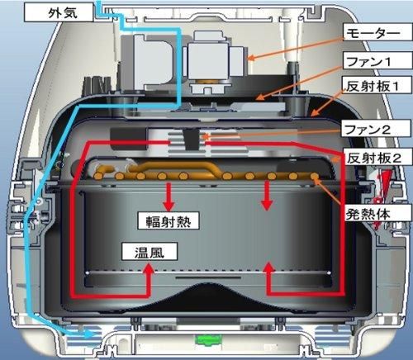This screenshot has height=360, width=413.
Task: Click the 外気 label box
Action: (x=59, y=12)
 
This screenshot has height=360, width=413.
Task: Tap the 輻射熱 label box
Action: (x=169, y=220)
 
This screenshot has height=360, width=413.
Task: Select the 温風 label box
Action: (x=150, y=252)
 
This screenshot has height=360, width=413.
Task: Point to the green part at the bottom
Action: (x=208, y=339)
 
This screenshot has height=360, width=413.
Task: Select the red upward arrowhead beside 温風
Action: (x=149, y=268)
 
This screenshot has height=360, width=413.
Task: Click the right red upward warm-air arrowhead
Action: (x=269, y=267)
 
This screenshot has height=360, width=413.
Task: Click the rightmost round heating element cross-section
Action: (x=315, y=176)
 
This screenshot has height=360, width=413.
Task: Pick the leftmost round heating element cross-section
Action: (x=98, y=175)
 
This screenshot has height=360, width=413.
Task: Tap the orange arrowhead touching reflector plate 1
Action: (x=315, y=112)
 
